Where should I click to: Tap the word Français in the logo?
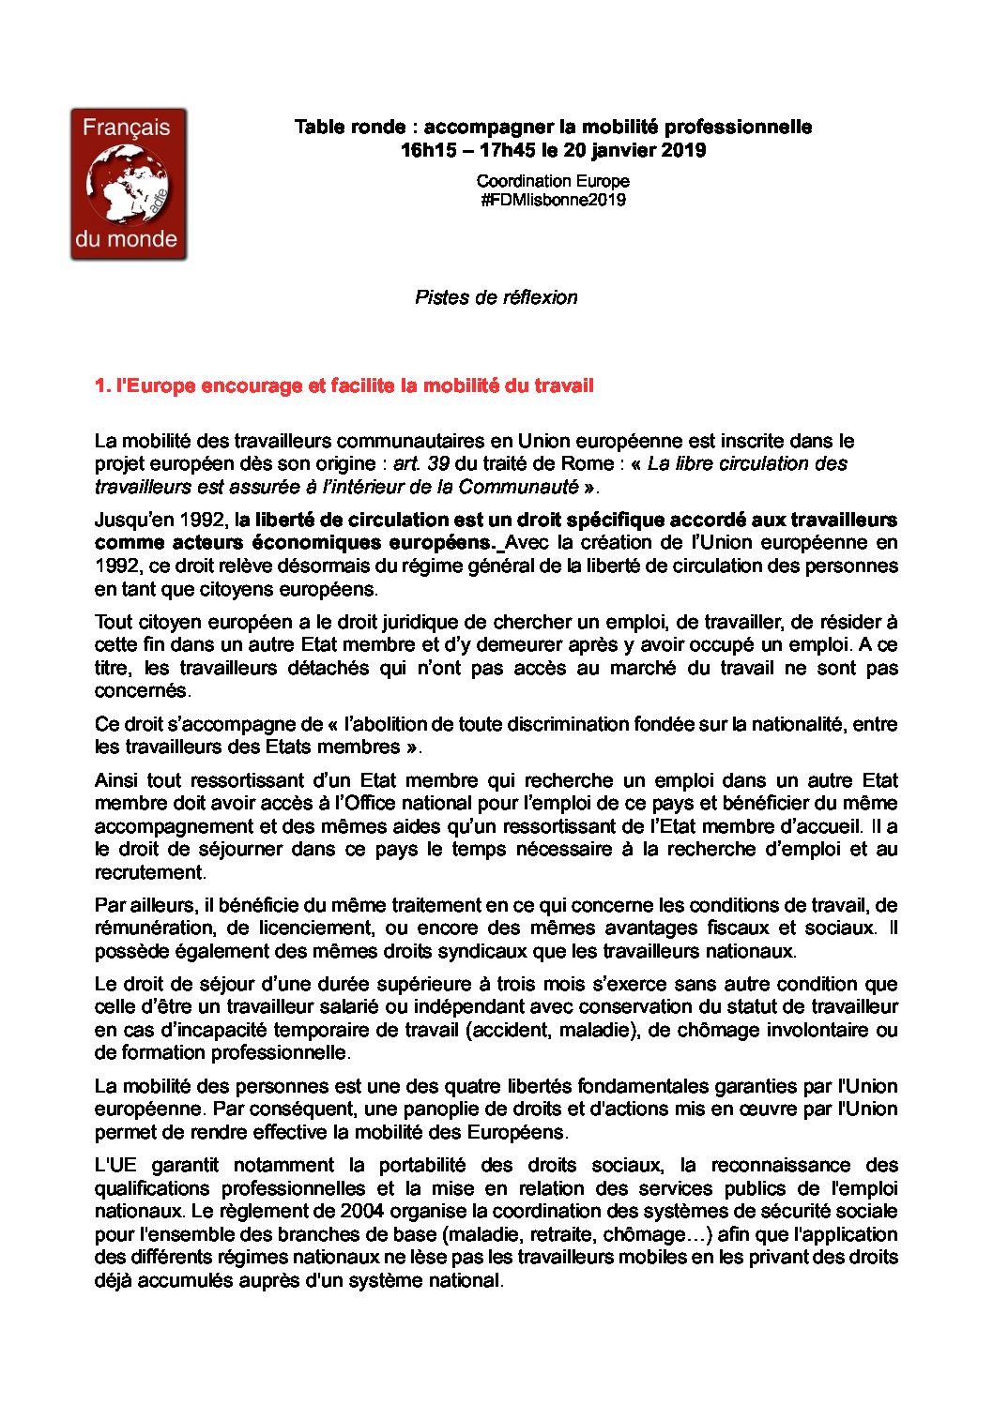pos(127,128)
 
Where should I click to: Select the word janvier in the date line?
pos(626,150)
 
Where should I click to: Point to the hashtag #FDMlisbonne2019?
pos(553,200)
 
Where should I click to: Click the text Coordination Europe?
pos(553,181)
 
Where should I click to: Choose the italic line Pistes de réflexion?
pos(496,297)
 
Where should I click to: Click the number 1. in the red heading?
pos(102,385)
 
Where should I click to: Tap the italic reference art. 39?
pos(420,463)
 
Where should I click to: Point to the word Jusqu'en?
pos(130,520)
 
